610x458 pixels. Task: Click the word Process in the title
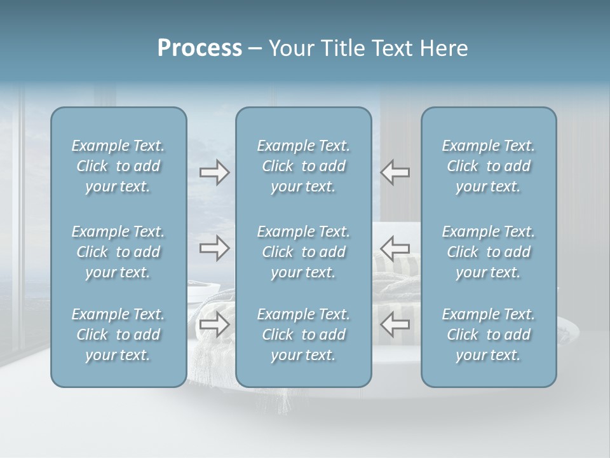pyautogui.click(x=200, y=48)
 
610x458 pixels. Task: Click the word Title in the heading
pyautogui.click(x=343, y=48)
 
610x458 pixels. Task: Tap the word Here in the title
pyautogui.click(x=443, y=48)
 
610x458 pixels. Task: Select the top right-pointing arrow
pyautogui.click(x=214, y=172)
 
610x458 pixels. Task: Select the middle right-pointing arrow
pyautogui.click(x=214, y=248)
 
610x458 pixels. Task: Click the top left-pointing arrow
pyautogui.click(x=395, y=172)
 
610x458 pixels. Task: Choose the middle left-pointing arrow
pyautogui.click(x=395, y=248)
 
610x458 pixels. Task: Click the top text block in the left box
pyautogui.click(x=118, y=166)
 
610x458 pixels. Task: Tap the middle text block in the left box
pyautogui.click(x=118, y=252)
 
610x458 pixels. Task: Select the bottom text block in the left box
pyautogui.click(x=118, y=335)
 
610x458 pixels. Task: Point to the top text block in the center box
pyautogui.click(x=303, y=166)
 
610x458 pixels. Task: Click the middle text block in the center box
pyautogui.click(x=303, y=252)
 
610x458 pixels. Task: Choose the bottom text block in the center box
pyautogui.click(x=303, y=335)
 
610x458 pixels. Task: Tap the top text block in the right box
pyautogui.click(x=488, y=166)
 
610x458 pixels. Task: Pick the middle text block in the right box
pyautogui.click(x=488, y=252)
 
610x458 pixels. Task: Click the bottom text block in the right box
pyautogui.click(x=488, y=335)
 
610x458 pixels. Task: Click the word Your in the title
pyautogui.click(x=290, y=48)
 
